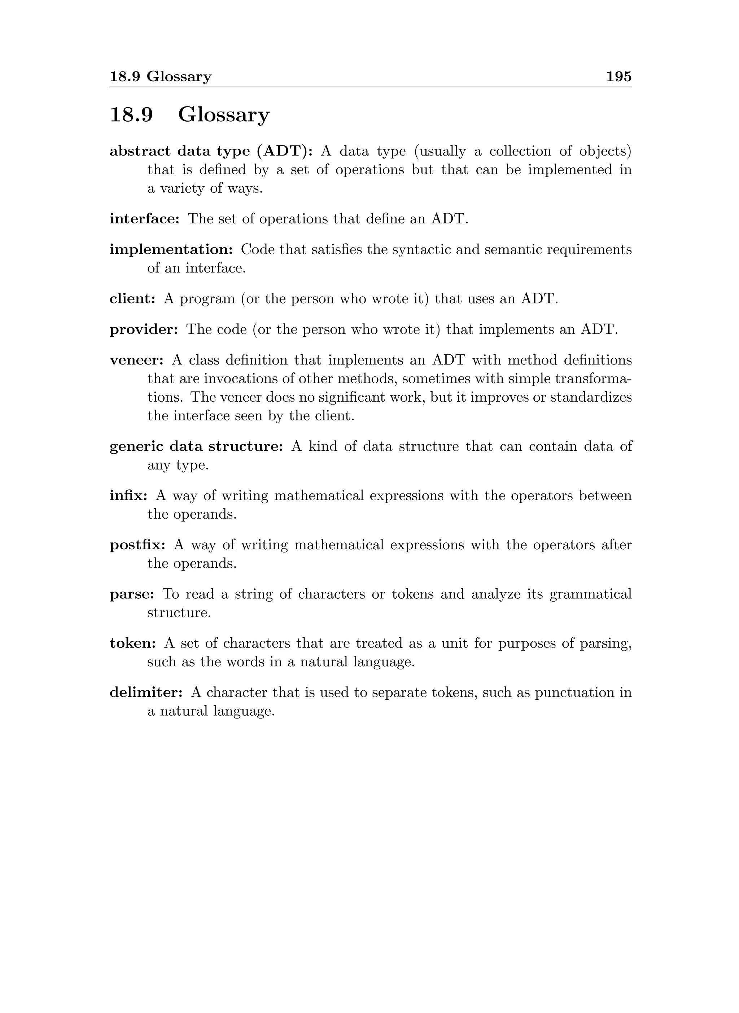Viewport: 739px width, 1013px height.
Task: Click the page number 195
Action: coord(619,77)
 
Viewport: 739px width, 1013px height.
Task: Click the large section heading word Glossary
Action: coord(224,115)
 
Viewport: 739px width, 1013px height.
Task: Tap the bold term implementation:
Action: coord(171,249)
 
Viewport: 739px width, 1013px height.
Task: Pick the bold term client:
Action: coord(132,298)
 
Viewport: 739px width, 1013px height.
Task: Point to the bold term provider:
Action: coord(144,329)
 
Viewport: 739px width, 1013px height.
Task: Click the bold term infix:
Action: coord(128,496)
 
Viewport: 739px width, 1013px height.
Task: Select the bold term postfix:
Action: coord(138,545)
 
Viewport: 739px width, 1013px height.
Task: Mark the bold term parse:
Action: coord(132,594)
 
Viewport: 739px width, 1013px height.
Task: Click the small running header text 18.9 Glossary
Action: coord(161,77)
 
